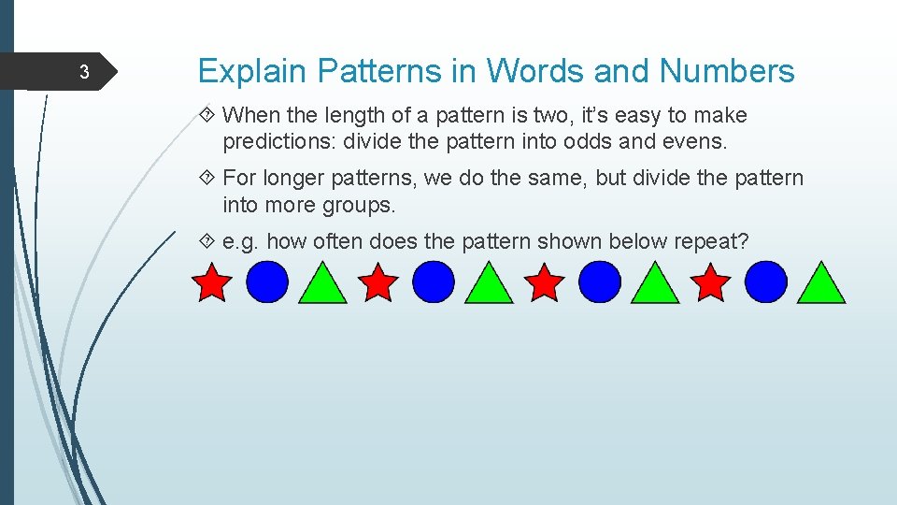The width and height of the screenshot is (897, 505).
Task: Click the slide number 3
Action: click(x=83, y=73)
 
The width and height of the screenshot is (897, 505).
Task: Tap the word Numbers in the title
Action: click(x=727, y=71)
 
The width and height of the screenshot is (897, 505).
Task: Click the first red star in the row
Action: click(x=212, y=282)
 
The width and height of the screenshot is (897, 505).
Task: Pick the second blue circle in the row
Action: click(x=433, y=282)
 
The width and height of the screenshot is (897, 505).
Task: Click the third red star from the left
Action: click(x=545, y=282)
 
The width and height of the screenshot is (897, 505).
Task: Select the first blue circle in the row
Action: click(x=267, y=282)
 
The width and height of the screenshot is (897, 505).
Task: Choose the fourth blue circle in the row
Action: click(x=766, y=282)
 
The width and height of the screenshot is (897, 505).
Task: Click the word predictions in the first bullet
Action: click(x=278, y=142)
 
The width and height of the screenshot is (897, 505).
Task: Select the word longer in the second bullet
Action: click(x=293, y=178)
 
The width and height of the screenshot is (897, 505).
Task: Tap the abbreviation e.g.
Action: click(x=241, y=241)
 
